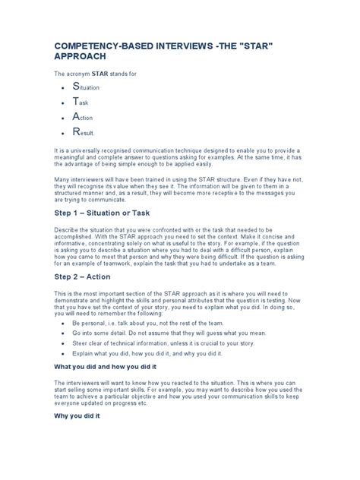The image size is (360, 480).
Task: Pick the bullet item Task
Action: point(83,103)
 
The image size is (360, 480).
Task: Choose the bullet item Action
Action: point(86,118)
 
